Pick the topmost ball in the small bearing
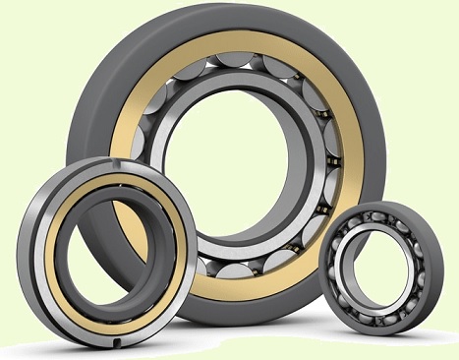click(379, 219)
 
